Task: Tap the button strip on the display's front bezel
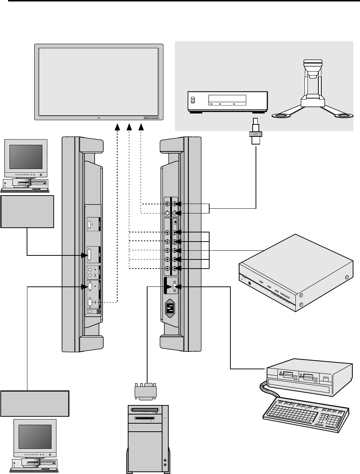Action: pyautogui.click(x=152, y=117)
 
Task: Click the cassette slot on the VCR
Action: pyautogui.click(x=227, y=99)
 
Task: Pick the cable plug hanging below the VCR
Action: pyautogui.click(x=256, y=132)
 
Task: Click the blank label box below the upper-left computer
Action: pyautogui.click(x=27, y=212)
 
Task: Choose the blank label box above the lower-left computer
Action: pyautogui.click(x=35, y=403)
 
